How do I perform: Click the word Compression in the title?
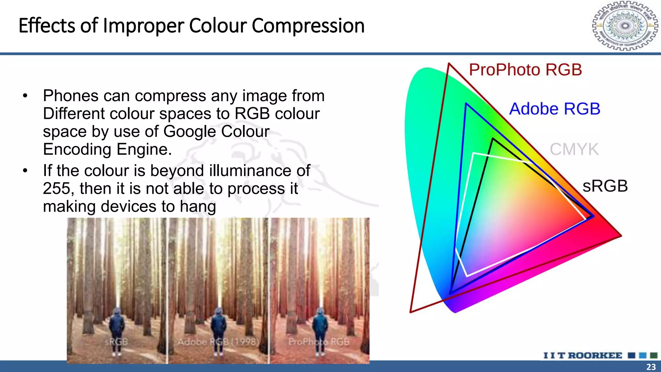[308, 26]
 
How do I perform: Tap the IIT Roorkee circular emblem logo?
[625, 26]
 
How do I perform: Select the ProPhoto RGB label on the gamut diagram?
[525, 70]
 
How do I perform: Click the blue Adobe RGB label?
[554, 109]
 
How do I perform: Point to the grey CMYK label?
[574, 150]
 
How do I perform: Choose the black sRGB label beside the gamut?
[605, 186]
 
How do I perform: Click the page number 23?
[651, 367]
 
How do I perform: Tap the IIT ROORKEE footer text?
[583, 356]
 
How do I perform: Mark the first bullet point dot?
[25, 96]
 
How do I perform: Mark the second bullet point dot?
[25, 171]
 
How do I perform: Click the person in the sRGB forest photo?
[117, 329]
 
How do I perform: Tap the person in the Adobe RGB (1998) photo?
[219, 329]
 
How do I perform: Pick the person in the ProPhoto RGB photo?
[320, 329]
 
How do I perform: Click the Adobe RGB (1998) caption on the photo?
[218, 342]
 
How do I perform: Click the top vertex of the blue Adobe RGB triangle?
[466, 104]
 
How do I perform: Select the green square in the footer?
[654, 356]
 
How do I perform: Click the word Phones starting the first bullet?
[70, 96]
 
